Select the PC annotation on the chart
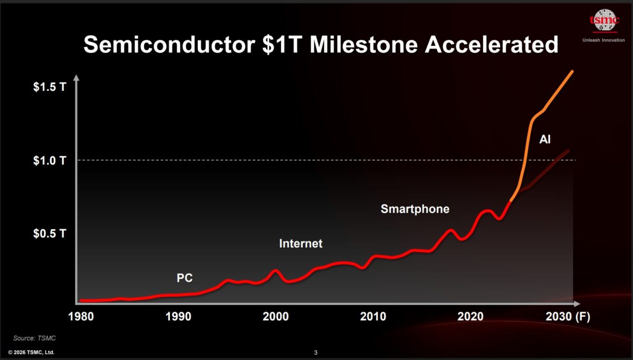pos(184,278)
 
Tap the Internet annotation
pos(300,244)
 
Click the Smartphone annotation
pos(415,209)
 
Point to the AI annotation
pos(545,140)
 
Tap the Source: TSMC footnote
pos(34,338)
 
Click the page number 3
pos(315,352)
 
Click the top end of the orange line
pos(572,71)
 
